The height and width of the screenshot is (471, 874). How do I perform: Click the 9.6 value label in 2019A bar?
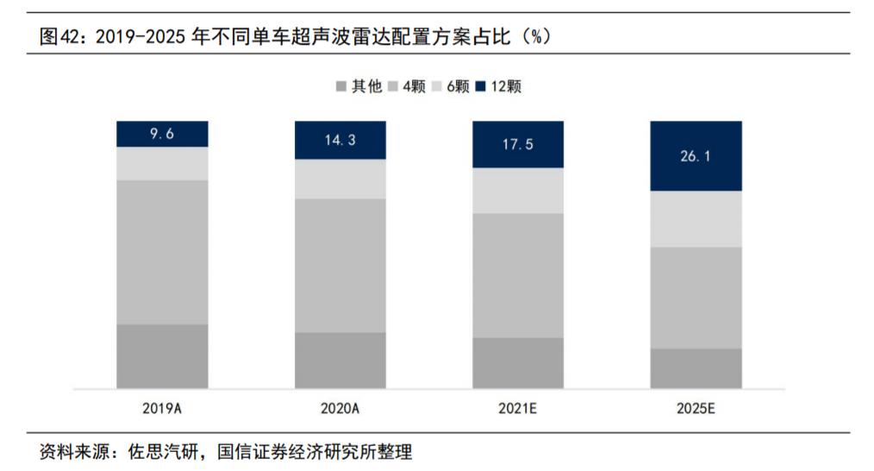162,134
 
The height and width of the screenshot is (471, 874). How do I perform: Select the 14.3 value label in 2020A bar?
340,140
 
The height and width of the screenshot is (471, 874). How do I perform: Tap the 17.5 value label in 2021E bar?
518,144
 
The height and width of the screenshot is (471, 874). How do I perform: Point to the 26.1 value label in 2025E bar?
696,156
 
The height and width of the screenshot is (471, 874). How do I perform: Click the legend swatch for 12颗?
480,86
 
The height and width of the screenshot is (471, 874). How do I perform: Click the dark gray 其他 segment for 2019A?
162,355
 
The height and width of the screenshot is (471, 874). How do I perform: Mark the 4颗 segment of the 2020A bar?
340,265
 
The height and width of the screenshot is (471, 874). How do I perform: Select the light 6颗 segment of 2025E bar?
696,218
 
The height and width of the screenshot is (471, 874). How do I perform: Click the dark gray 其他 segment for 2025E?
696,367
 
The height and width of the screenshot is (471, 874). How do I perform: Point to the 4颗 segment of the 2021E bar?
518,274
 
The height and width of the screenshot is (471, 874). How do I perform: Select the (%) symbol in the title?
537,37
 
